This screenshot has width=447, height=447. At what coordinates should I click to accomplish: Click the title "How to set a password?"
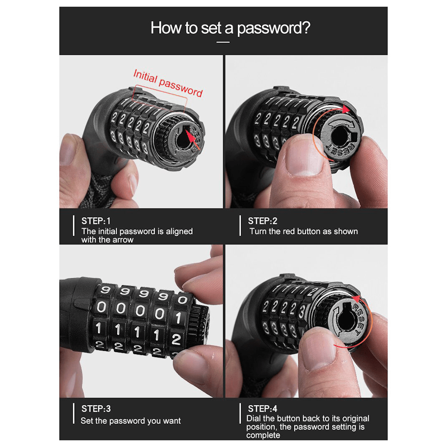(230, 28)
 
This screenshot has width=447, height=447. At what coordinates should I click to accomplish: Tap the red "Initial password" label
(168, 83)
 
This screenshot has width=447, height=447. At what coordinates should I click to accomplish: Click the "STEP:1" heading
(96, 221)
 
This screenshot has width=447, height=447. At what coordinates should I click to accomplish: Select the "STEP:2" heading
(262, 221)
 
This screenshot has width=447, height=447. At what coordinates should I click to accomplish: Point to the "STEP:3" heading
(96, 409)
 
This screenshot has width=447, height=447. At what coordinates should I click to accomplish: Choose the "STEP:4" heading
(262, 409)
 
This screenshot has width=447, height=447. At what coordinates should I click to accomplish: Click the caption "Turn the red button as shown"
(304, 231)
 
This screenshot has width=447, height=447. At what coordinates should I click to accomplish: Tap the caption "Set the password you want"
(131, 421)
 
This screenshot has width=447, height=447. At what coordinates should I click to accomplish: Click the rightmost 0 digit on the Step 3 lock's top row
(182, 299)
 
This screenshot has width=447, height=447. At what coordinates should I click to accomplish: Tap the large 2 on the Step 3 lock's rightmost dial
(176, 339)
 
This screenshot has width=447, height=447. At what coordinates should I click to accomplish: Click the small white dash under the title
(223, 42)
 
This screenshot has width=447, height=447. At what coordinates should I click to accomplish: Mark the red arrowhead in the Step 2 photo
(346, 110)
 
